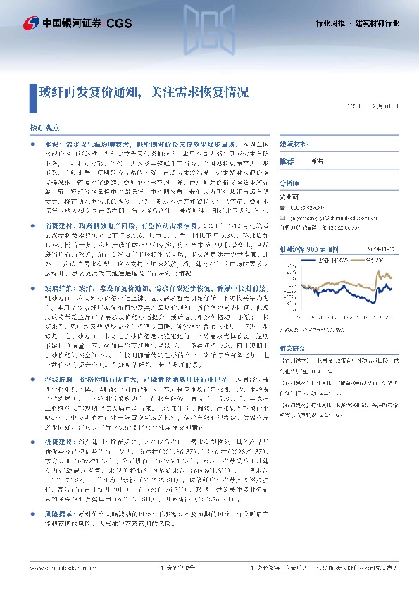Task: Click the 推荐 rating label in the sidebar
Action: tap(287, 161)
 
